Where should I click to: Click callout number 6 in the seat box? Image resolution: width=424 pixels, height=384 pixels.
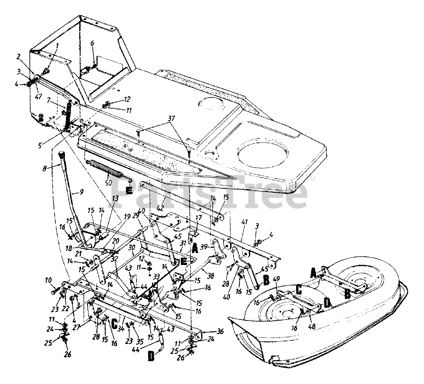92,43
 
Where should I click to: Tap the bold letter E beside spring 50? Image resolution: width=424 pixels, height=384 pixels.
129,190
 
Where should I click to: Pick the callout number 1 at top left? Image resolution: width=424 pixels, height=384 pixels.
57,45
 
